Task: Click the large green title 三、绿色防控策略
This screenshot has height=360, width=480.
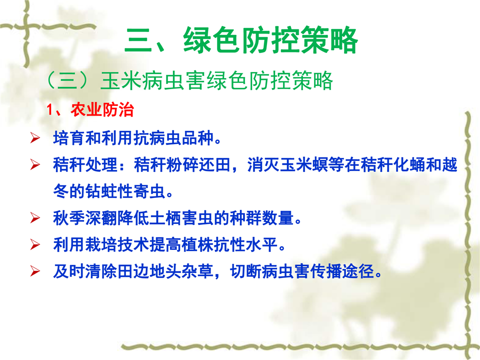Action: (x=241, y=40)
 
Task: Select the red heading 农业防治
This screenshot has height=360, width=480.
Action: (x=102, y=109)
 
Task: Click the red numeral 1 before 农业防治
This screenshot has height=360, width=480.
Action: (x=49, y=110)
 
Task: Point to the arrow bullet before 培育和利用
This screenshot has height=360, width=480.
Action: (x=35, y=138)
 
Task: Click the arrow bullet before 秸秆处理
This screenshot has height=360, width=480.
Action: (x=35, y=164)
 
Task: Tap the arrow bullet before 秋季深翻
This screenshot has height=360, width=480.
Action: (x=35, y=218)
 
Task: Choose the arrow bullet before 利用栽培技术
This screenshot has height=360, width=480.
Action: (x=35, y=244)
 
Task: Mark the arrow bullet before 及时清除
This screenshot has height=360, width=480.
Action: (x=35, y=271)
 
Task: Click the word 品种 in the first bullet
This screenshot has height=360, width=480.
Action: (x=198, y=138)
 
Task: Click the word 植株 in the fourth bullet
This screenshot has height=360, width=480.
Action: (x=198, y=244)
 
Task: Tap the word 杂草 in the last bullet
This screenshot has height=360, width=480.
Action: (x=198, y=271)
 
